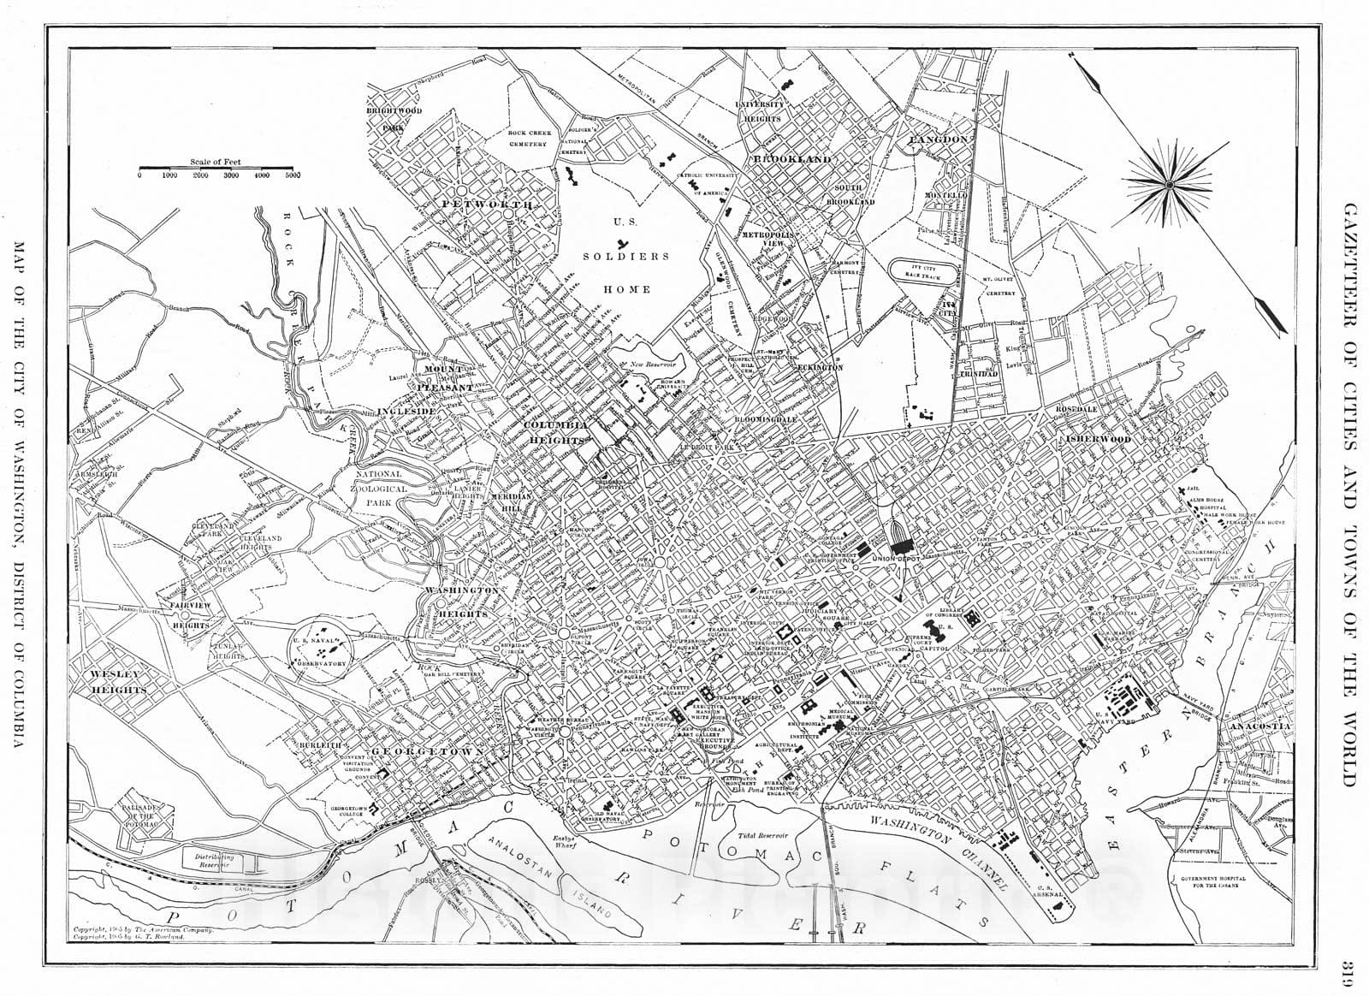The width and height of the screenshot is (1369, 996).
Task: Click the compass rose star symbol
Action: click(1168, 182)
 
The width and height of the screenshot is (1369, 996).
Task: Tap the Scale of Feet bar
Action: click(216, 168)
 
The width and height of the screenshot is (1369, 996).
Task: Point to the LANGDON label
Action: click(938, 139)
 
